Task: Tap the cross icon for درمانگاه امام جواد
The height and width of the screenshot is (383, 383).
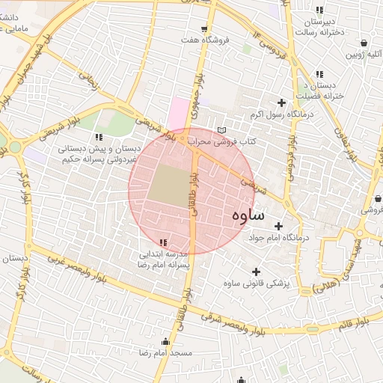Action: (279, 226)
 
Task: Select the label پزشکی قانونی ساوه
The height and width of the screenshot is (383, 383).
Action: (257, 284)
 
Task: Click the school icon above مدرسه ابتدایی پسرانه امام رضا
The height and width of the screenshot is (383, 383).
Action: (164, 242)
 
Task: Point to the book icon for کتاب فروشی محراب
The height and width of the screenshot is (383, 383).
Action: (221, 130)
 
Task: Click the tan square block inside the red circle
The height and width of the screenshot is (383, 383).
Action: (168, 184)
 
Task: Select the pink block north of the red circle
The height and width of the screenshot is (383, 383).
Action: (180, 114)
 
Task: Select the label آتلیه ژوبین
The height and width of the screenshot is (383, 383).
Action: (363, 55)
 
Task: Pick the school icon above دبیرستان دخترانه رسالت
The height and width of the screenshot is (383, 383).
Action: (320, 10)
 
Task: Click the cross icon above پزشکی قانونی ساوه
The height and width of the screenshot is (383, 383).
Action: (257, 272)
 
